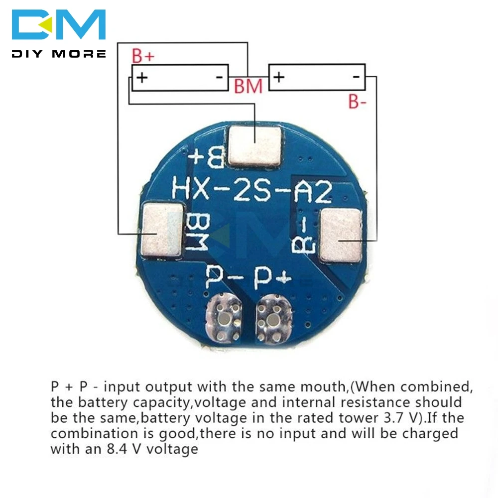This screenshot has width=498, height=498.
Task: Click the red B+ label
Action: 143,57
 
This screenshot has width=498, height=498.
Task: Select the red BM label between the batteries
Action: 248,86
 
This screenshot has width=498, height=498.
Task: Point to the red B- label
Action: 358,103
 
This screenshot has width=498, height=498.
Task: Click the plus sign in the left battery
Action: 142,78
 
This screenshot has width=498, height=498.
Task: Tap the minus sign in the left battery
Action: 218,77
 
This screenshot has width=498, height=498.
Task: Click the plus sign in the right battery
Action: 279,77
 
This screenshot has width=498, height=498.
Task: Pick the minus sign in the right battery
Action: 356,77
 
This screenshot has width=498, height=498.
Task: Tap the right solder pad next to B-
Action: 341,235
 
